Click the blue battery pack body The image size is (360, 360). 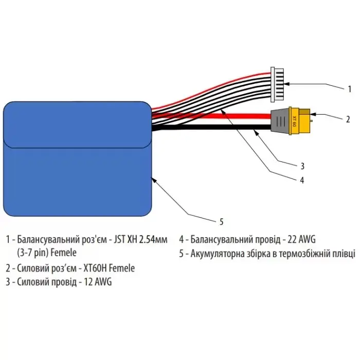[x=77, y=159]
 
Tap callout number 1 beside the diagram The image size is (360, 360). [x=348, y=88]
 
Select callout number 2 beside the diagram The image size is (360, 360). [x=348, y=119]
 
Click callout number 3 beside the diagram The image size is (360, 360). [x=302, y=166]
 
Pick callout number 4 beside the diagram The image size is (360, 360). [x=302, y=180]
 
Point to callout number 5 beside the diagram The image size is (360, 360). [x=222, y=222]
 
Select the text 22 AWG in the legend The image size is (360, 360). [x=300, y=239]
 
